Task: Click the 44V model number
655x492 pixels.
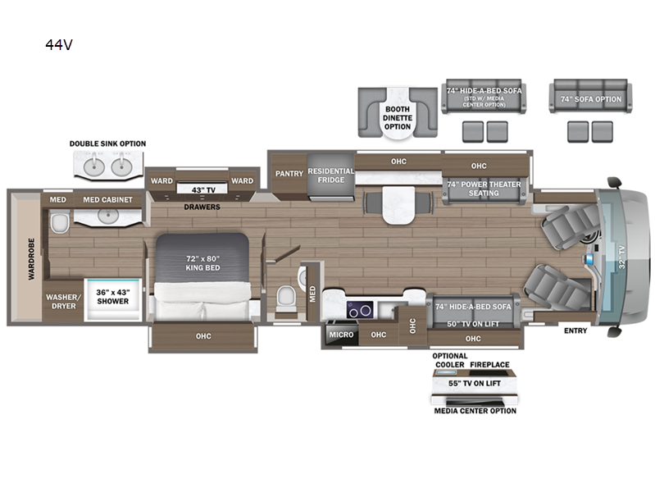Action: pyautogui.click(x=60, y=45)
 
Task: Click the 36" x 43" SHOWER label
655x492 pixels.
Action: pyautogui.click(x=112, y=296)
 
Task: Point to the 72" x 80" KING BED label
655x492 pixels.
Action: pyautogui.click(x=202, y=263)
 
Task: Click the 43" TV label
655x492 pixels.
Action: pyautogui.click(x=202, y=190)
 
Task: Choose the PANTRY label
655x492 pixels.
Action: pyautogui.click(x=289, y=173)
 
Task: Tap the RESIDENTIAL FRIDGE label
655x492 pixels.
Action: pyautogui.click(x=330, y=175)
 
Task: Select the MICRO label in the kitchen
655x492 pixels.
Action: pyautogui.click(x=340, y=335)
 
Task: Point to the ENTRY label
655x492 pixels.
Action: pyautogui.click(x=575, y=330)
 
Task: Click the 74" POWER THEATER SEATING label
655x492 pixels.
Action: pyautogui.click(x=484, y=189)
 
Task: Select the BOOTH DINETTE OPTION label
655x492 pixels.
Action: pyautogui.click(x=398, y=116)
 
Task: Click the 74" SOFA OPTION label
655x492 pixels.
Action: pyautogui.click(x=590, y=99)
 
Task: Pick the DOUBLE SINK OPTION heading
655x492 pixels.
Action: pyautogui.click(x=107, y=143)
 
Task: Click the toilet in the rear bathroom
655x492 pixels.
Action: pyautogui.click(x=58, y=224)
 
